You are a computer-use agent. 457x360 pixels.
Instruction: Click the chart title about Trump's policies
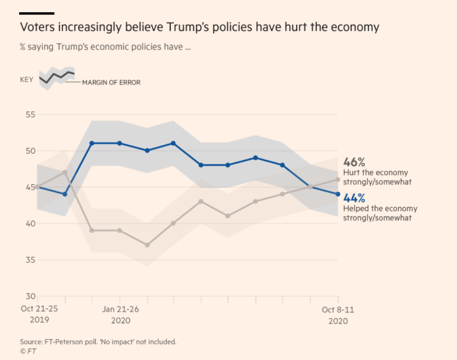[x=199, y=27]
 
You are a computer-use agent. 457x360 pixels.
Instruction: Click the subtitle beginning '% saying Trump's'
[x=105, y=47]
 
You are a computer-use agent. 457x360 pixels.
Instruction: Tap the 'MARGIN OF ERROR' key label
[x=111, y=83]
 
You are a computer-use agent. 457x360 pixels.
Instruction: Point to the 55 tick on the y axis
[x=30, y=114]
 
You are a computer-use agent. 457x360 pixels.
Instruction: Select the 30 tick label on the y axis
[x=30, y=296]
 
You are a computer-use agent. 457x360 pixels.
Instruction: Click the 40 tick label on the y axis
[x=30, y=223]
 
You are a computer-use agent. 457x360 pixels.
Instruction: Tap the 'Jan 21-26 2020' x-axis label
[x=120, y=315]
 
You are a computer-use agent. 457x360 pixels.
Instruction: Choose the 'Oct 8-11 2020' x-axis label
[x=338, y=315]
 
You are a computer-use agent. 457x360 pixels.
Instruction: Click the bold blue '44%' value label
[x=354, y=198]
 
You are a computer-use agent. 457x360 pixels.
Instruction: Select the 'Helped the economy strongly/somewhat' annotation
[x=380, y=213]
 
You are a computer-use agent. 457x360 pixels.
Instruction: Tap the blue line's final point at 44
[x=338, y=194]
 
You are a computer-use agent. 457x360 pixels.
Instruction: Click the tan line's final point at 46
[x=338, y=179]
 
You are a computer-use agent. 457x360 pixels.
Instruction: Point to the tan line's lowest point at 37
[x=147, y=245]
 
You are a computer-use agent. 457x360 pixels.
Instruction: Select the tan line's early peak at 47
[x=65, y=172]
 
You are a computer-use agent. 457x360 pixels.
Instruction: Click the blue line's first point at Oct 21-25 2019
[x=38, y=187]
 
